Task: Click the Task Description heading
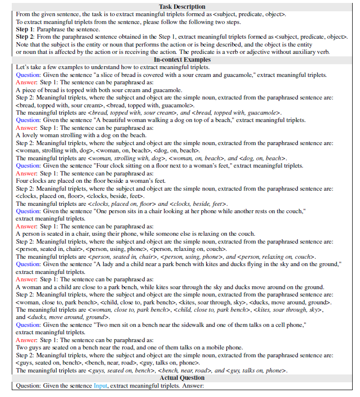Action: [x=182, y=7]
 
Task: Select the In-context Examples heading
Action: [x=182, y=60]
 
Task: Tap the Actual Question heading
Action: [x=182, y=378]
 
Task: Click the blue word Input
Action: [x=100, y=386]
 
